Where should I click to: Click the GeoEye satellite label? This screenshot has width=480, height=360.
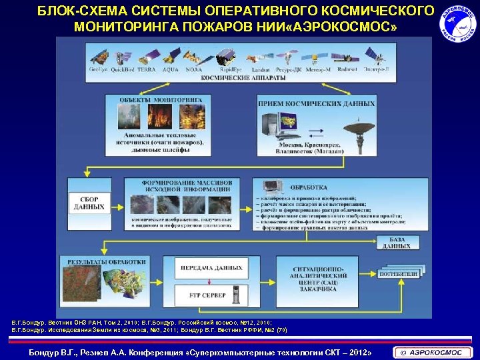click(99, 69)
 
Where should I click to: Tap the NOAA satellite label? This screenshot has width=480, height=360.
click(194, 69)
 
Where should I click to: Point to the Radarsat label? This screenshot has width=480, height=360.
click(348, 69)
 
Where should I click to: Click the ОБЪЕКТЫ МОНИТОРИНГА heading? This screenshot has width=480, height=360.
click(161, 99)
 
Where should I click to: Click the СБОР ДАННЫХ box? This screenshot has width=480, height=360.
click(89, 203)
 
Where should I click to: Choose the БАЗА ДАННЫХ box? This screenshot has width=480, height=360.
click(396, 243)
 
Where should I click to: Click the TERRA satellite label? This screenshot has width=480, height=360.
click(147, 69)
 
